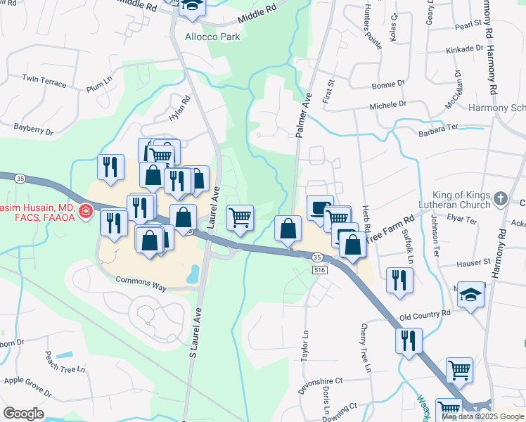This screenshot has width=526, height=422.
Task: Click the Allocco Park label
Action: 212,37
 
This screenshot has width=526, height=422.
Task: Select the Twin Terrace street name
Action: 44,81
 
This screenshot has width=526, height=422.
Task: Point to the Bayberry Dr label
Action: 33,129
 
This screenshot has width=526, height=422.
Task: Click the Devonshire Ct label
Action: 319,381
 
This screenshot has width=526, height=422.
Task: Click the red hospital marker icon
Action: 85,210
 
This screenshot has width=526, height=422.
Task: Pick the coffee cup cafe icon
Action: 320,207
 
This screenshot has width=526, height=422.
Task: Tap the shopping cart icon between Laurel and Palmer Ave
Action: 240,217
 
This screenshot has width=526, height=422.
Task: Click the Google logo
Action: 23,414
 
